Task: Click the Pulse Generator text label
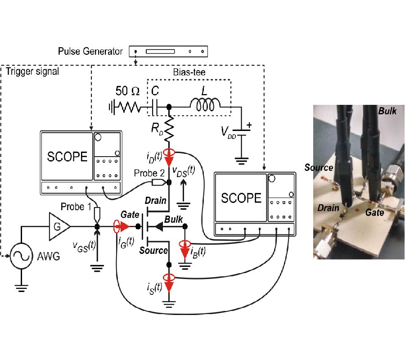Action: click(x=90, y=51)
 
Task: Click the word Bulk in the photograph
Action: click(x=387, y=111)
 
